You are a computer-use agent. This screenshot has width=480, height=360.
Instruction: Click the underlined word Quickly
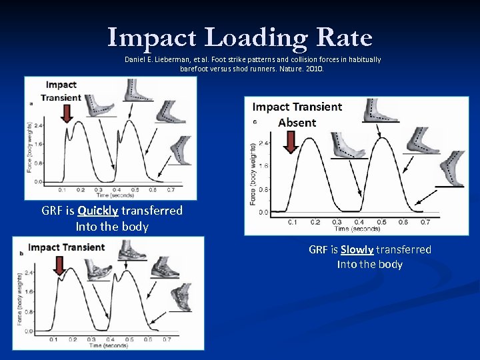point(97,211)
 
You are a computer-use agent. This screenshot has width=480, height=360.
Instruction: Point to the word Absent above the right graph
point(297,122)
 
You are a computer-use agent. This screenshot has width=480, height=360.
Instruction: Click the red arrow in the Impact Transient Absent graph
point(290,141)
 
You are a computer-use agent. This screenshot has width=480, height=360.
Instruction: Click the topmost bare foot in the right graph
point(381,110)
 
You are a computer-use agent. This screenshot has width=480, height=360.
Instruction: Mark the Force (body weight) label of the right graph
point(253,174)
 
